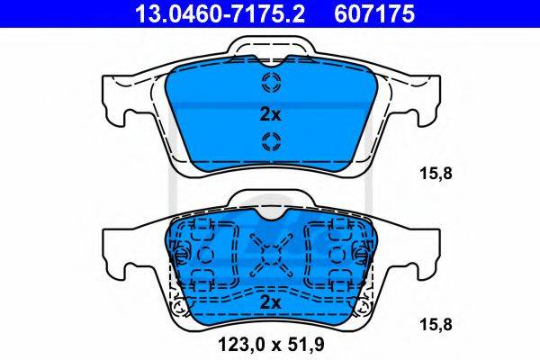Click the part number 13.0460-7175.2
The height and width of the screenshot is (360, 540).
click(x=220, y=14)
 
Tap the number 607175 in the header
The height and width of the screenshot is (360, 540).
click(x=374, y=14)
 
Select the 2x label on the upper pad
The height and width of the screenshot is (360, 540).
click(x=270, y=114)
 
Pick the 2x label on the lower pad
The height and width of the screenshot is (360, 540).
click(x=270, y=302)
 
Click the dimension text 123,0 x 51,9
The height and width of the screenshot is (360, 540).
click(x=271, y=344)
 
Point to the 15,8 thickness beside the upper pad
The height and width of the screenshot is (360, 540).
click(x=436, y=174)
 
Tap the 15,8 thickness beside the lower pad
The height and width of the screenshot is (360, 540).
click(x=436, y=325)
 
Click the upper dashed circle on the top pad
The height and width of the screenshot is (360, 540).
click(x=272, y=82)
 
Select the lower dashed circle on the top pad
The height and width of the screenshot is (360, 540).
click(x=272, y=141)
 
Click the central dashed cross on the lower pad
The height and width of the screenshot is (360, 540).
click(x=271, y=256)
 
